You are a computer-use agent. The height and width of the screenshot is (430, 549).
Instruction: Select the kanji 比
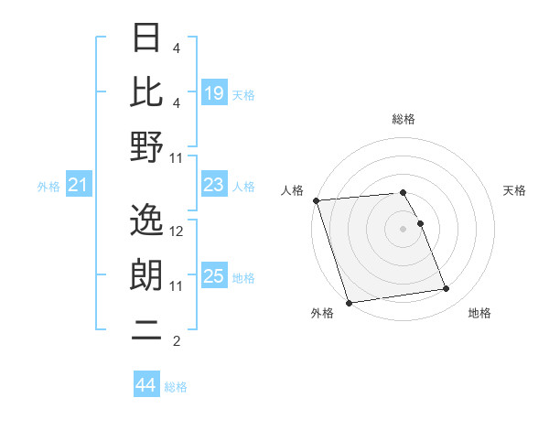point(147,91)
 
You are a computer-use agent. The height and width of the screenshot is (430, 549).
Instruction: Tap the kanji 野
point(147,146)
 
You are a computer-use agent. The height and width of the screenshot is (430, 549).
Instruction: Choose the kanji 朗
point(147,275)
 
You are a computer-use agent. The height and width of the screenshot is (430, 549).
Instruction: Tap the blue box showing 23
point(214,186)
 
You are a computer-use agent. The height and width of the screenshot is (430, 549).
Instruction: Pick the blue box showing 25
point(214,276)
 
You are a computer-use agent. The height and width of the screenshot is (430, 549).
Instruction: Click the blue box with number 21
point(79,186)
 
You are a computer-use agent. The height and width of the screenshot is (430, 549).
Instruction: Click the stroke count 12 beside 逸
point(178,231)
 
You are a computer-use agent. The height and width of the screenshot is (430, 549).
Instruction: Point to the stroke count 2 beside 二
point(177,342)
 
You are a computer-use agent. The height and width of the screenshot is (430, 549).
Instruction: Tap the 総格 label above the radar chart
point(404,120)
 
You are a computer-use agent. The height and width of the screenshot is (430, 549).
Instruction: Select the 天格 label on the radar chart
point(514,190)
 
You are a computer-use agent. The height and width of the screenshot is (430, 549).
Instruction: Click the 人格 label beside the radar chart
point(293,190)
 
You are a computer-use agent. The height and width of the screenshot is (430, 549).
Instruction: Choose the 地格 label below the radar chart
point(479,314)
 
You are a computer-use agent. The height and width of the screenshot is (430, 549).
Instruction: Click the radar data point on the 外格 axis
point(349,302)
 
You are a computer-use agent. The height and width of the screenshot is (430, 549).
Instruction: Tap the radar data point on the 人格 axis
point(316,200)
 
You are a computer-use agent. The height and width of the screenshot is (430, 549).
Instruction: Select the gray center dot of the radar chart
point(404,229)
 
